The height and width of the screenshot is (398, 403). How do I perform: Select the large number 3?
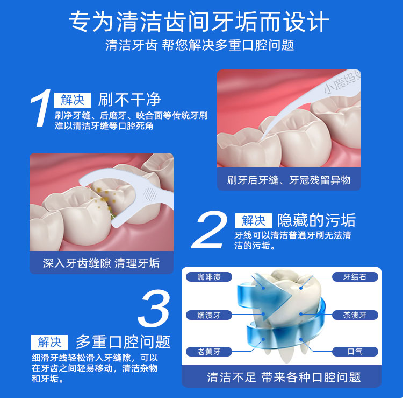coord(154,309)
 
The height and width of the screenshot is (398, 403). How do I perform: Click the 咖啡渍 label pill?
coord(208,277)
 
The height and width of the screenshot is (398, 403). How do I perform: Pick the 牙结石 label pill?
coord(355,277)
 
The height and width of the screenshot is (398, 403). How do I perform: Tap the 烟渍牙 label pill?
coord(208,315)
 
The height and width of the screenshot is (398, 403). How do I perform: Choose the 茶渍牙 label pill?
coord(355,315)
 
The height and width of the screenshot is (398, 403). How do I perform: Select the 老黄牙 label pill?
coord(208,352)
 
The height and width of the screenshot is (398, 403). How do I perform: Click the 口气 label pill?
coord(355,352)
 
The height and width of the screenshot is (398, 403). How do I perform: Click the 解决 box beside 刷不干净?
coord(73,100)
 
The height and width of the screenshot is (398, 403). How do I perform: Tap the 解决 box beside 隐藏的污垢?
coord(254,221)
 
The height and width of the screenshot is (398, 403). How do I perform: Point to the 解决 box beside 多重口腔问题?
coord(49,343)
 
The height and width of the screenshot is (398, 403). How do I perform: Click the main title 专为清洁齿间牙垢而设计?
coord(199,22)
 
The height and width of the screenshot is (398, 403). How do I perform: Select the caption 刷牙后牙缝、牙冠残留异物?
coord(289,180)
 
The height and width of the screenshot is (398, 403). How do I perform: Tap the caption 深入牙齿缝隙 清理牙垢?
coord(101,263)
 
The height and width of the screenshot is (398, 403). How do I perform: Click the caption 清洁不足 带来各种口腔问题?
coord(284,378)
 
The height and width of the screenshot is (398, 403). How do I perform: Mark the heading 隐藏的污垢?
coord(316,220)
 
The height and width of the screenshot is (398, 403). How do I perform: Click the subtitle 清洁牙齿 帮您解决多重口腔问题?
coord(200,45)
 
